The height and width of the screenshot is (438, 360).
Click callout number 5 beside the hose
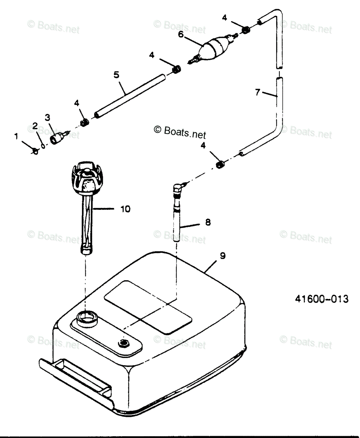(x=116, y=74)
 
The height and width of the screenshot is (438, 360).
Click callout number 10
(x=125, y=209)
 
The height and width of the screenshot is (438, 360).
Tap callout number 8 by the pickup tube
(x=208, y=222)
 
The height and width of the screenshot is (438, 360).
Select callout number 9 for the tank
(x=222, y=256)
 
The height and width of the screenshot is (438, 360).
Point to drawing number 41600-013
(x=321, y=299)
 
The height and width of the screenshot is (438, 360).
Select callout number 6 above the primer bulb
(x=180, y=34)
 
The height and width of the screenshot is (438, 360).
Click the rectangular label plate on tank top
(x=148, y=306)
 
